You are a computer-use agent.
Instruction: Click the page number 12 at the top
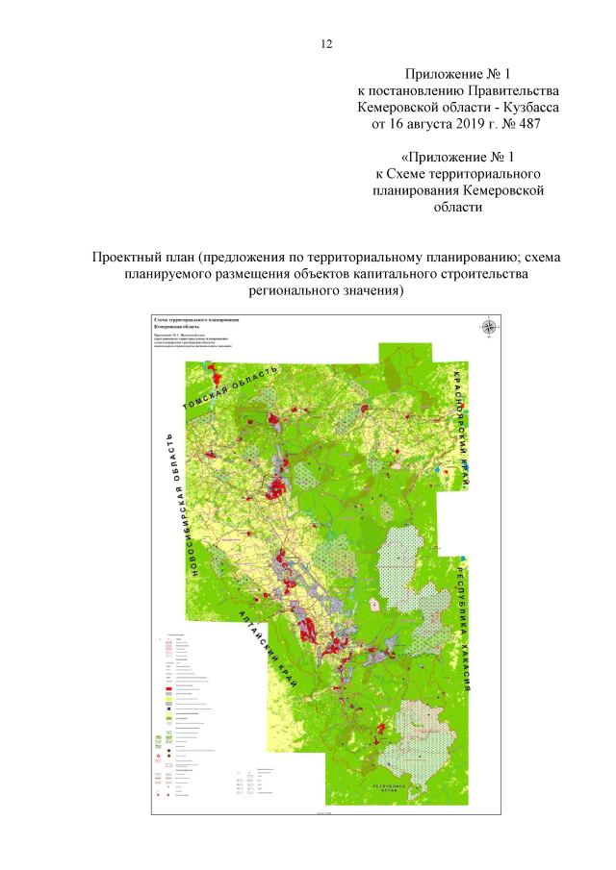click(326, 45)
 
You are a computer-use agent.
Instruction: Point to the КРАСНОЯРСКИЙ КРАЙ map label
click(460, 417)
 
